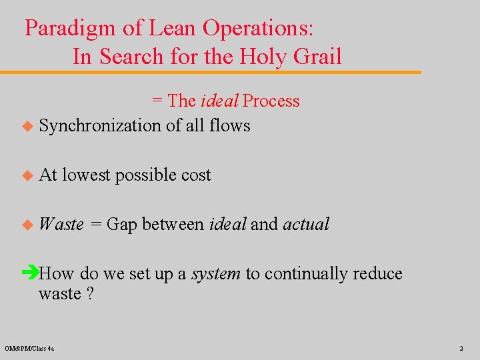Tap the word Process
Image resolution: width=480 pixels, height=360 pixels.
271,101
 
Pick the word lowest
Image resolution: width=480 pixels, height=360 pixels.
87,175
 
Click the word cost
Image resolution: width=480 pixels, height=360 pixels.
196,175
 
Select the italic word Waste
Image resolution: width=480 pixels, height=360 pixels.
61,224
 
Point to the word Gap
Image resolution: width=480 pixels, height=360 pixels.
121,225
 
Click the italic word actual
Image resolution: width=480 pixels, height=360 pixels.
306,224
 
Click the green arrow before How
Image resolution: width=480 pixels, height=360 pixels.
31,273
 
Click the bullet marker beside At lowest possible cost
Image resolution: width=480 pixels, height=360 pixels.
27,175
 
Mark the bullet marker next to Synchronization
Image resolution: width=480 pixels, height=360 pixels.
27,126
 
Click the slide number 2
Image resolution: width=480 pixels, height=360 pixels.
461,348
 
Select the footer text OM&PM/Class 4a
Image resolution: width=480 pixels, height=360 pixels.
30,348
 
